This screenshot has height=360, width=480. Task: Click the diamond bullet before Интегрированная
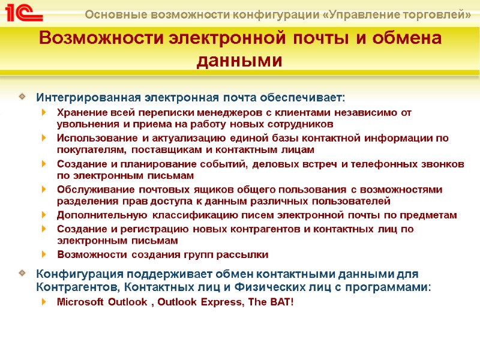pyautogui.click(x=22, y=97)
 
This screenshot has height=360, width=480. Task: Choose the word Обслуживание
pyautogui.click(x=92, y=190)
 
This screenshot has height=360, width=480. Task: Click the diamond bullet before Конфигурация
pyautogui.click(x=22, y=274)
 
